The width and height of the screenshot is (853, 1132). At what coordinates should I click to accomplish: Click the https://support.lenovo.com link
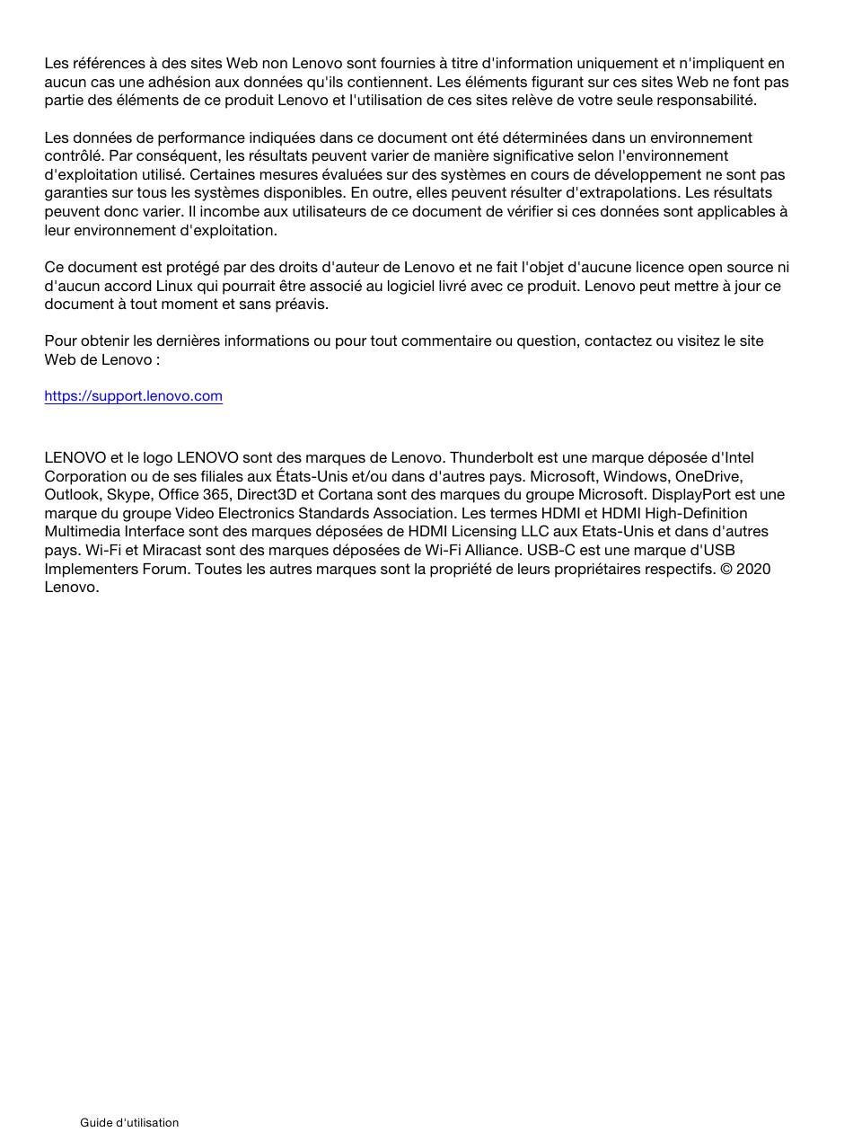(x=133, y=396)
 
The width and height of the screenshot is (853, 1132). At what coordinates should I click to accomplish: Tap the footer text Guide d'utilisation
(x=129, y=1122)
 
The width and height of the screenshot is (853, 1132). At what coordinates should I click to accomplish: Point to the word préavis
(x=300, y=305)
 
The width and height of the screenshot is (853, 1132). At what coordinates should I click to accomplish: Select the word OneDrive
(x=708, y=476)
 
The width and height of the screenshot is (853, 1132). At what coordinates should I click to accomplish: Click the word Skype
(x=128, y=495)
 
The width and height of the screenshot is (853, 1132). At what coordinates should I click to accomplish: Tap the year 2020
(x=752, y=569)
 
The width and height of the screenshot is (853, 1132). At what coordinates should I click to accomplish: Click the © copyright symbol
(x=725, y=569)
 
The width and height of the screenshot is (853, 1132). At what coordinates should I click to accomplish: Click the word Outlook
(x=72, y=495)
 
